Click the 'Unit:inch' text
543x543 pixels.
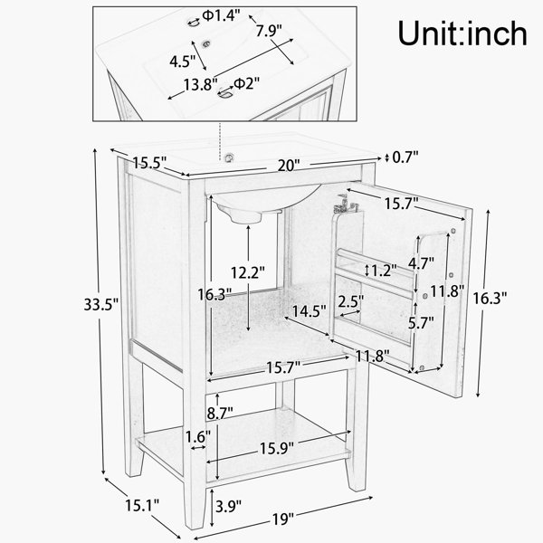click(x=462, y=33)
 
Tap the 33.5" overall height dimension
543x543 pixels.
click(x=101, y=305)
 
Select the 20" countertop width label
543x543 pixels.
click(x=288, y=166)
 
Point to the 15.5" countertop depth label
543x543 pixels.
click(x=149, y=162)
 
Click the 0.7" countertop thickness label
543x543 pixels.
click(x=405, y=157)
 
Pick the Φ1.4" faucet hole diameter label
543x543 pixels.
click(x=221, y=15)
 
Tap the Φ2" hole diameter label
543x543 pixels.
click(x=246, y=83)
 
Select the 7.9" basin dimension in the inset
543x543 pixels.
click(x=269, y=31)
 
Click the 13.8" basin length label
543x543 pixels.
click(x=201, y=84)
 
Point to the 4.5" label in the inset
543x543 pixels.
click(x=183, y=62)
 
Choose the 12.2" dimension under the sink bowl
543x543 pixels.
click(x=248, y=273)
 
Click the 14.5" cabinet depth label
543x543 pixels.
click(x=309, y=311)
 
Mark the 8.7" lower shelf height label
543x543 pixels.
click(x=220, y=414)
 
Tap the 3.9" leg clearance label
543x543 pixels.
click(x=228, y=506)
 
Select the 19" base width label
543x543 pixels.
click(x=283, y=519)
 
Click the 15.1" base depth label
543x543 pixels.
click(x=142, y=506)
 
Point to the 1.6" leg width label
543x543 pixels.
click(x=197, y=437)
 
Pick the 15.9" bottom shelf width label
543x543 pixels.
click(x=277, y=449)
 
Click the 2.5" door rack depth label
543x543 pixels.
click(x=351, y=301)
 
